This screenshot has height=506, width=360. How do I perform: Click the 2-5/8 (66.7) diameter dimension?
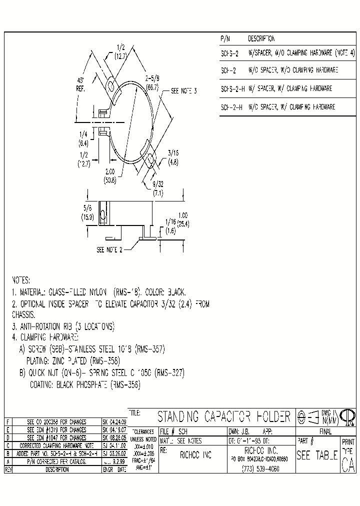tap(152, 82)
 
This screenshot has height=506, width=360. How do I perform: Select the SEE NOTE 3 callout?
tap(184, 91)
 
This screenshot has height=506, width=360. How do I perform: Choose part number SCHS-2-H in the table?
tap(231, 88)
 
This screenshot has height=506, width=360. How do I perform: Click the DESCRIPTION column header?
tap(261, 38)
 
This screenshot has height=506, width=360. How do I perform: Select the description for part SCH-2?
tap(293, 70)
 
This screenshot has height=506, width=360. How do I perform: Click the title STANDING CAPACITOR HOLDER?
tap(224, 416)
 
